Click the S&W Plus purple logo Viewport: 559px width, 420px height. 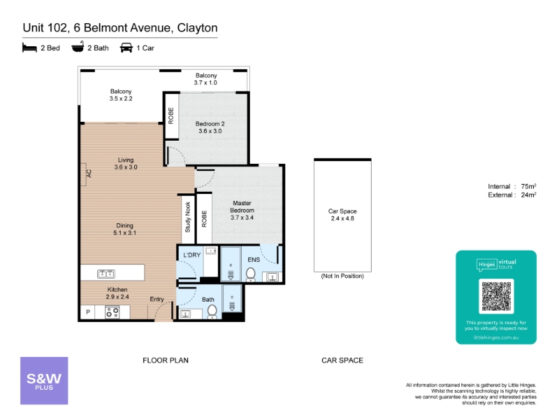coord(44,381)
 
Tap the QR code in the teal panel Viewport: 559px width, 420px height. coord(496,296)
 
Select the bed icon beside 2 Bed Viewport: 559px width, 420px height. coord(29,48)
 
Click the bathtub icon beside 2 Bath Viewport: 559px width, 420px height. coord(78,47)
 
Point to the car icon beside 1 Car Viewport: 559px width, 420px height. coord(126,48)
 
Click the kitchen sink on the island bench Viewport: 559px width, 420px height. coord(106,274)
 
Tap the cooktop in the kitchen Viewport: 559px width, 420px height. coord(112,312)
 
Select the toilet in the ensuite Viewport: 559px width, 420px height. coord(251,274)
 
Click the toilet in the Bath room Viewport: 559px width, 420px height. coord(212,311)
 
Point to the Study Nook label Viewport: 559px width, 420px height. coord(188,217)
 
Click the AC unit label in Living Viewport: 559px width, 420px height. coord(89,174)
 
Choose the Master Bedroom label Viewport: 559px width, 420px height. coord(242,206)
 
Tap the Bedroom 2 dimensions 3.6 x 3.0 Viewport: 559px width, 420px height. coord(210,131)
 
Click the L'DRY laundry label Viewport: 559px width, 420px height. coord(191,255)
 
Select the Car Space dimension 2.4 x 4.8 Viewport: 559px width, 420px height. coord(342,218)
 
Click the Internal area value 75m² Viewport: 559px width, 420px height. coord(528,186)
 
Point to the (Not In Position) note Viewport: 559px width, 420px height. coord(342,276)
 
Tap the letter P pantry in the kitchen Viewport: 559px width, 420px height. coord(88,311)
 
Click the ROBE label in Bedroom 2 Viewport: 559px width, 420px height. coord(171,115)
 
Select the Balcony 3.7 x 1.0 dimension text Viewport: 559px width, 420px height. coord(205,83)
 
